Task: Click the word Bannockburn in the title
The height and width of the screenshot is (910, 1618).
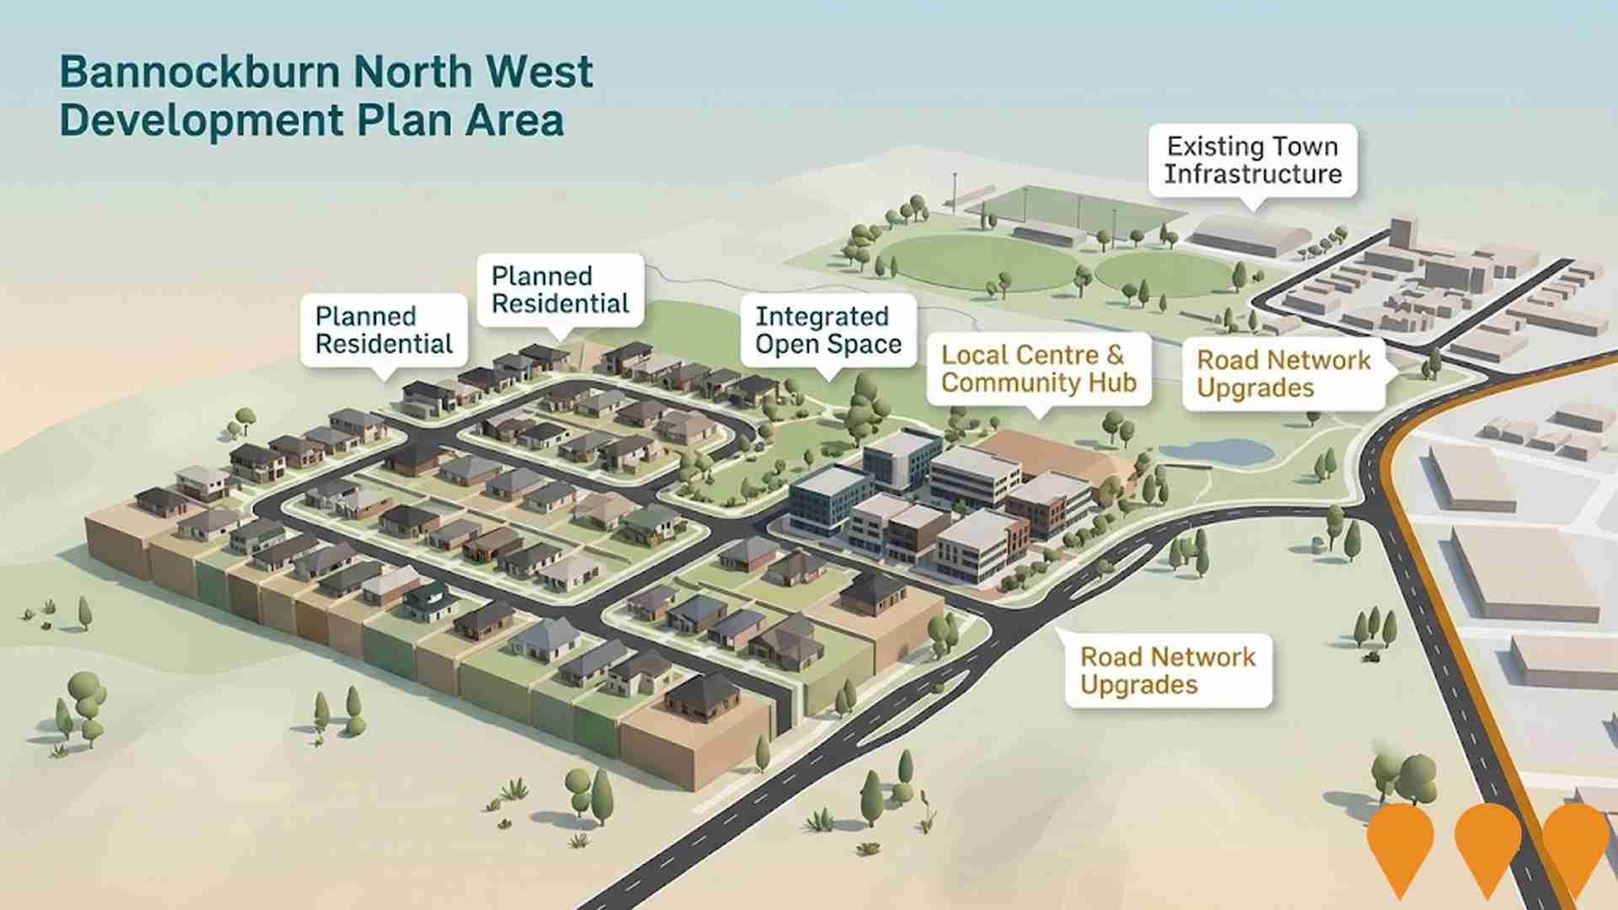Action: coord(201,72)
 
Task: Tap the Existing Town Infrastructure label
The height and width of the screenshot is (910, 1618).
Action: coord(1252,160)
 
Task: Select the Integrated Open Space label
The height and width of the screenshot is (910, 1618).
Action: coord(828,329)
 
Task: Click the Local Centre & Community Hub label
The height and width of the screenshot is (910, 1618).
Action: coord(1038,368)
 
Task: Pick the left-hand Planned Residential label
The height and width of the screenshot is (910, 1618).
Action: coord(383,329)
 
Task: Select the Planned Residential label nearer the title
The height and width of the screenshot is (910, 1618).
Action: coord(560,289)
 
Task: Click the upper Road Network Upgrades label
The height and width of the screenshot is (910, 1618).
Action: coord(1283,373)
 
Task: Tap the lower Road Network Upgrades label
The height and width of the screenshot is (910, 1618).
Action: coord(1167,670)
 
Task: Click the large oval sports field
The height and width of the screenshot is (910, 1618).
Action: coord(978,263)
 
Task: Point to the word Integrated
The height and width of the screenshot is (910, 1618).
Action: coord(822,316)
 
